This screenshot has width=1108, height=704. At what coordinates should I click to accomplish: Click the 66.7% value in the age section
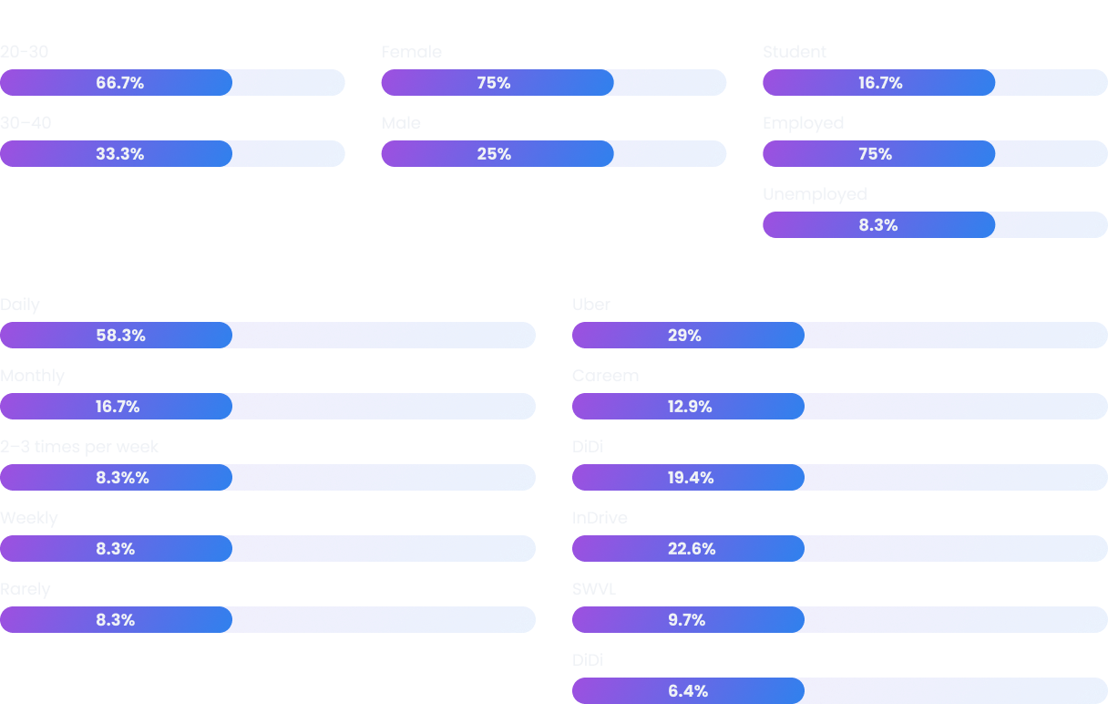[120, 83]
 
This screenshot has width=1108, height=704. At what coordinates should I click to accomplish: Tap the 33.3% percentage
[120, 154]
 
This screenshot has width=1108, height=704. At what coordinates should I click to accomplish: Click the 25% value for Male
[494, 154]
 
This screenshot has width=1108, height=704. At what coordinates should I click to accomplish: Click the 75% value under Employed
[875, 154]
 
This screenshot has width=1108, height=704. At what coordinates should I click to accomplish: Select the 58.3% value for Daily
[121, 336]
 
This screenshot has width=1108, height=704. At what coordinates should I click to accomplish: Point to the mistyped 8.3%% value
[123, 478]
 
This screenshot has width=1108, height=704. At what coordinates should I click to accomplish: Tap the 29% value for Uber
[684, 336]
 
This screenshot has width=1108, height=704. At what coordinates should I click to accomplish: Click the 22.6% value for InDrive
[692, 549]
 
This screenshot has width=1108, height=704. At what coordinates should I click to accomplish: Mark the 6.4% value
[688, 691]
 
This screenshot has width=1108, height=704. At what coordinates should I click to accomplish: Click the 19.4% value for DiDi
[691, 478]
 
